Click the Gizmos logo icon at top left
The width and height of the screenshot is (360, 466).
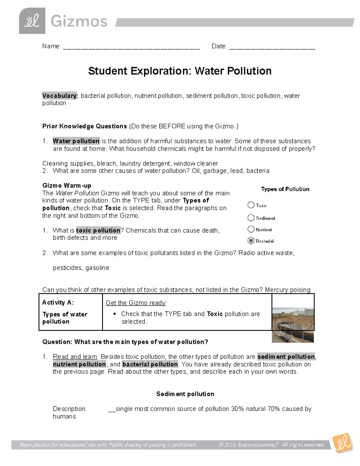pyautogui.click(x=32, y=21)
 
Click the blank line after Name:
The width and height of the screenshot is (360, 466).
pyautogui.click(x=131, y=47)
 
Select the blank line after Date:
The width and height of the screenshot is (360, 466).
pyautogui.click(x=272, y=47)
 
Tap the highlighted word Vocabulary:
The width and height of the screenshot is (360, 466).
pyautogui.click(x=60, y=96)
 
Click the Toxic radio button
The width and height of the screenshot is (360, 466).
pyautogui.click(x=251, y=205)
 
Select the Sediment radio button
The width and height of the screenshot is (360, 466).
pyautogui.click(x=251, y=218)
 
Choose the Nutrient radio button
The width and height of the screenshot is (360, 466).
pyautogui.click(x=251, y=229)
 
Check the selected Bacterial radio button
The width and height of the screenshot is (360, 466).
pyautogui.click(x=251, y=241)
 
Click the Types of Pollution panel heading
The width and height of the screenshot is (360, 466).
pyautogui.click(x=285, y=189)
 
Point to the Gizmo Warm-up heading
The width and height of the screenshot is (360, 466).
pyautogui.click(x=67, y=185)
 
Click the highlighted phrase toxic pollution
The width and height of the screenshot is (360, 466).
pyautogui.click(x=98, y=230)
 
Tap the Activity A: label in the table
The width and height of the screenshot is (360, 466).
pyautogui.click(x=58, y=302)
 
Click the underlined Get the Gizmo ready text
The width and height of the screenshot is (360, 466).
pyautogui.click(x=136, y=303)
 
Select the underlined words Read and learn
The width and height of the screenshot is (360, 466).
pyautogui.click(x=75, y=356)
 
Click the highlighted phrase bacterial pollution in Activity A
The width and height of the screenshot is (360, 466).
pyautogui.click(x=150, y=364)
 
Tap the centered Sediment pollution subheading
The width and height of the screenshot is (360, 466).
pyautogui.click(x=185, y=394)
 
